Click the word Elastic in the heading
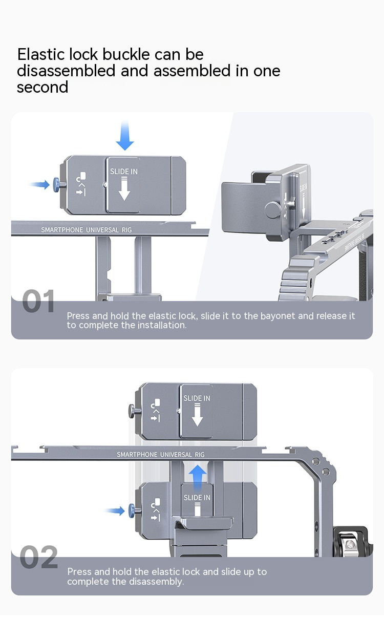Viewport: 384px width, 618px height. [x=41, y=54]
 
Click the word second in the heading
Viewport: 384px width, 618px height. [x=42, y=87]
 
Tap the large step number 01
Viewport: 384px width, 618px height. [x=38, y=301]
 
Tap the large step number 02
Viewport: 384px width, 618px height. [x=39, y=557]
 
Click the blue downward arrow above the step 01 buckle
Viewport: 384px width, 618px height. [x=125, y=136]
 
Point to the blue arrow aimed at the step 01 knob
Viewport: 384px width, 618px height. [x=39, y=184]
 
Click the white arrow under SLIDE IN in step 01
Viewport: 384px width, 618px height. [x=124, y=189]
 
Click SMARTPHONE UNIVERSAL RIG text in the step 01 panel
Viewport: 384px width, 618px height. [x=87, y=230]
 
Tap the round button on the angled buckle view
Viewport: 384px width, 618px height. [x=272, y=210]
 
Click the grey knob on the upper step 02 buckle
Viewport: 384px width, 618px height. [x=132, y=411]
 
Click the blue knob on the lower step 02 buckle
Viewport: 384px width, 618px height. [x=132, y=511]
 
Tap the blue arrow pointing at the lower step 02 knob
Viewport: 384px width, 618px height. [x=115, y=510]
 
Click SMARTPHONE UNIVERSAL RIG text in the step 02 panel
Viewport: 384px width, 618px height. [x=161, y=455]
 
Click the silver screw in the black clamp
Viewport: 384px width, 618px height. [x=350, y=544]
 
